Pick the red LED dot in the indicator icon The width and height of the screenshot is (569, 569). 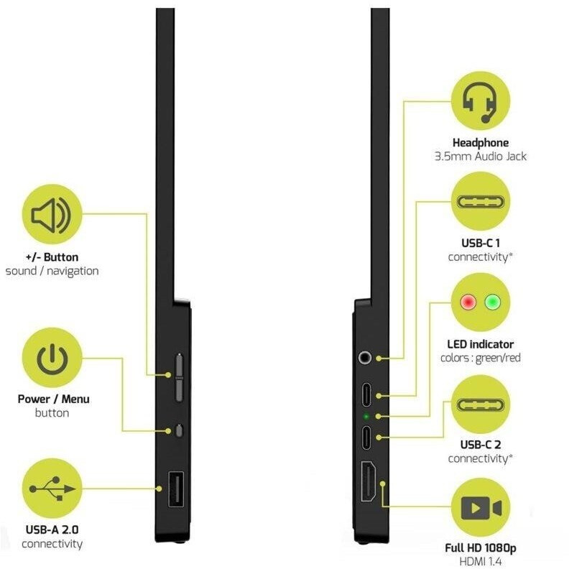(468, 302)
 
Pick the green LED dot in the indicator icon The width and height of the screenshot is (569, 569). (492, 302)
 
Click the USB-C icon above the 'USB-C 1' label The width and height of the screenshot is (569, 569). (480, 202)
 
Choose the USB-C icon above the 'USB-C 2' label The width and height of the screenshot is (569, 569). (480, 404)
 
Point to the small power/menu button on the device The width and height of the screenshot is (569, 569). (179, 430)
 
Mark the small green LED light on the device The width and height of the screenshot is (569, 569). (366, 416)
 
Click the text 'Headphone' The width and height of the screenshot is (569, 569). (480, 143)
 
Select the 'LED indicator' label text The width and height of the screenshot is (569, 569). (480, 345)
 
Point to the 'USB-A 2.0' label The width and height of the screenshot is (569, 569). (52, 530)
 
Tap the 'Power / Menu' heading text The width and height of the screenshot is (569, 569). (53, 399)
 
